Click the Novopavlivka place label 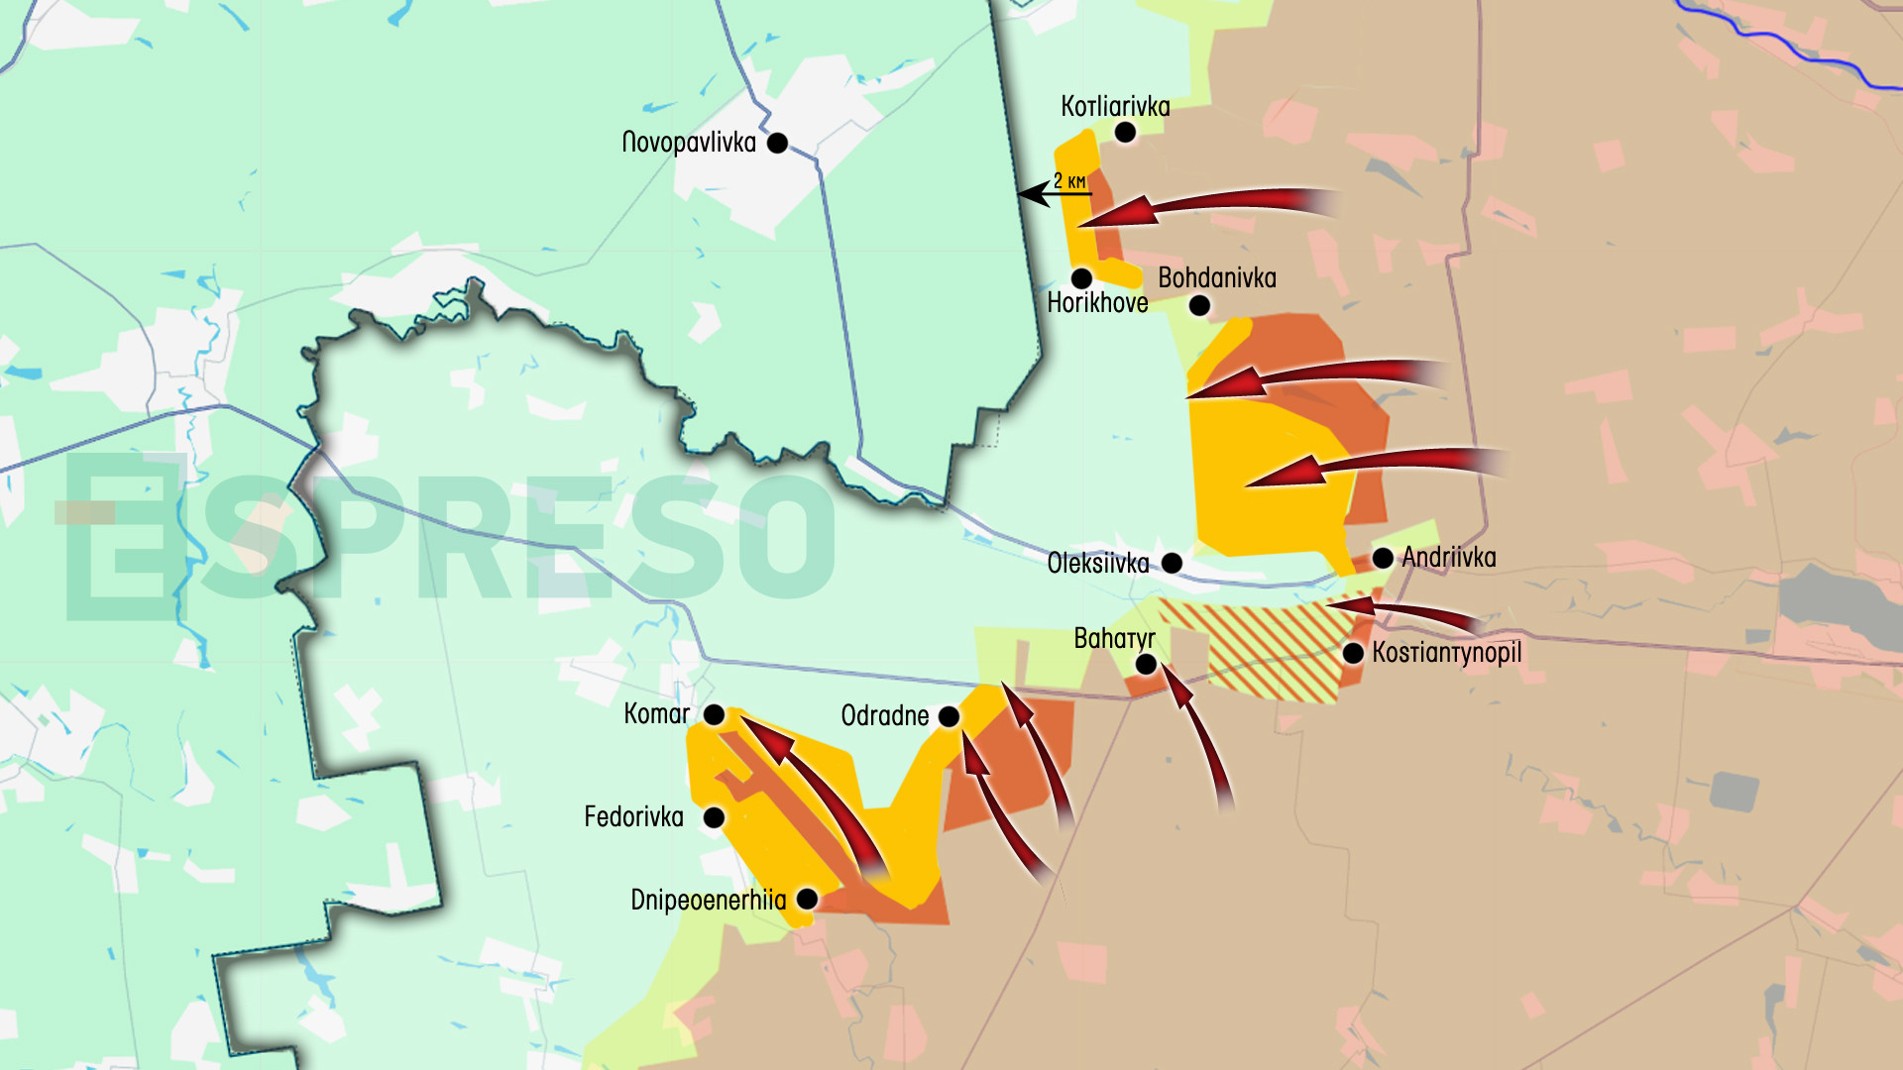click(689, 143)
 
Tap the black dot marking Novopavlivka click(778, 144)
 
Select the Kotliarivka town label click(1115, 106)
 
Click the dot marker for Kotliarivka click(1125, 133)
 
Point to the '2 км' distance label click(1069, 180)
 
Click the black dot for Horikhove click(1082, 278)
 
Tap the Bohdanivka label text click(1217, 277)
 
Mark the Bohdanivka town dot click(1199, 305)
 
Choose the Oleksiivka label click(1098, 564)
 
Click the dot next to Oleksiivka click(1172, 564)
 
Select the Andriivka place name click(1449, 557)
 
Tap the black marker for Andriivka click(1383, 558)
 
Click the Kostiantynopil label click(1446, 653)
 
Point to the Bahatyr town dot click(1146, 665)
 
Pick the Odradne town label click(885, 715)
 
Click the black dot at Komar click(714, 715)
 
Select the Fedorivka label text click(634, 817)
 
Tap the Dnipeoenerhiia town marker click(807, 900)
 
